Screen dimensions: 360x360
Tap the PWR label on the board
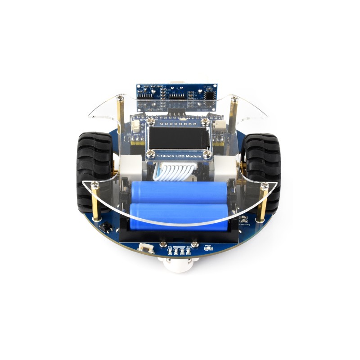(x=208, y=246)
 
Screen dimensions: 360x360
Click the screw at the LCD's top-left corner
(x=152, y=121)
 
